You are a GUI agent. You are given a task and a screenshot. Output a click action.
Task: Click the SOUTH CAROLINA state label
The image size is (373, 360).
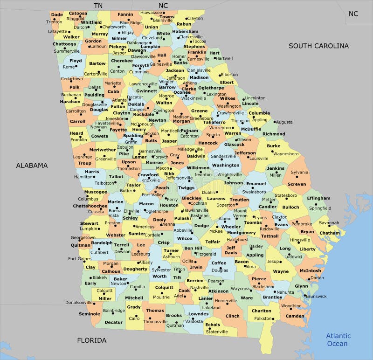318,46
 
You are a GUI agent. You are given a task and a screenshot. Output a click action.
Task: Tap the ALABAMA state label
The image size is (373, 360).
32,165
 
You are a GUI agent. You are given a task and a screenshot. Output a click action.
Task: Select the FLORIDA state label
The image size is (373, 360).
91,340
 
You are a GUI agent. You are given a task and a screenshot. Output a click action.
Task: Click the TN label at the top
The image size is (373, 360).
98,5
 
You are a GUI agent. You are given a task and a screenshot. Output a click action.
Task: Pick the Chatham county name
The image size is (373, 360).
330,233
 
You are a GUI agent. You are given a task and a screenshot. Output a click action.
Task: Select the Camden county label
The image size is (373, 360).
295,316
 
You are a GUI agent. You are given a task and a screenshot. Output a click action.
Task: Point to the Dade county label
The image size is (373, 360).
57,14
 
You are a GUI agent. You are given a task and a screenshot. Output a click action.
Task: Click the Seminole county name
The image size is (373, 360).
89,314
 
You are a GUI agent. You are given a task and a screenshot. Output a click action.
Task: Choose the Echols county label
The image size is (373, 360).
213,325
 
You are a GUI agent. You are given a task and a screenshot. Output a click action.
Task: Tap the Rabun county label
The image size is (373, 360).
184,24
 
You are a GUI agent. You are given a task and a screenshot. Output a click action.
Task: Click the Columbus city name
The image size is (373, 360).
88,199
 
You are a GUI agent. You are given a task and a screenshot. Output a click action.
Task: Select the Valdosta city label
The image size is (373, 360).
194,321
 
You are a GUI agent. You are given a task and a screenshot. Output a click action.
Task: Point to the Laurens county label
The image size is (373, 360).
216,199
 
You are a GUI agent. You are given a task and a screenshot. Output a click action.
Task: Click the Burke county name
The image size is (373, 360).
274,146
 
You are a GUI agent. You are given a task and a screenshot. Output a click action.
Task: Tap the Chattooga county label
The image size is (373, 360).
64,44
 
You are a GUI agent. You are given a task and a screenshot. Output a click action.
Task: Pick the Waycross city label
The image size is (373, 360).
241,289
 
